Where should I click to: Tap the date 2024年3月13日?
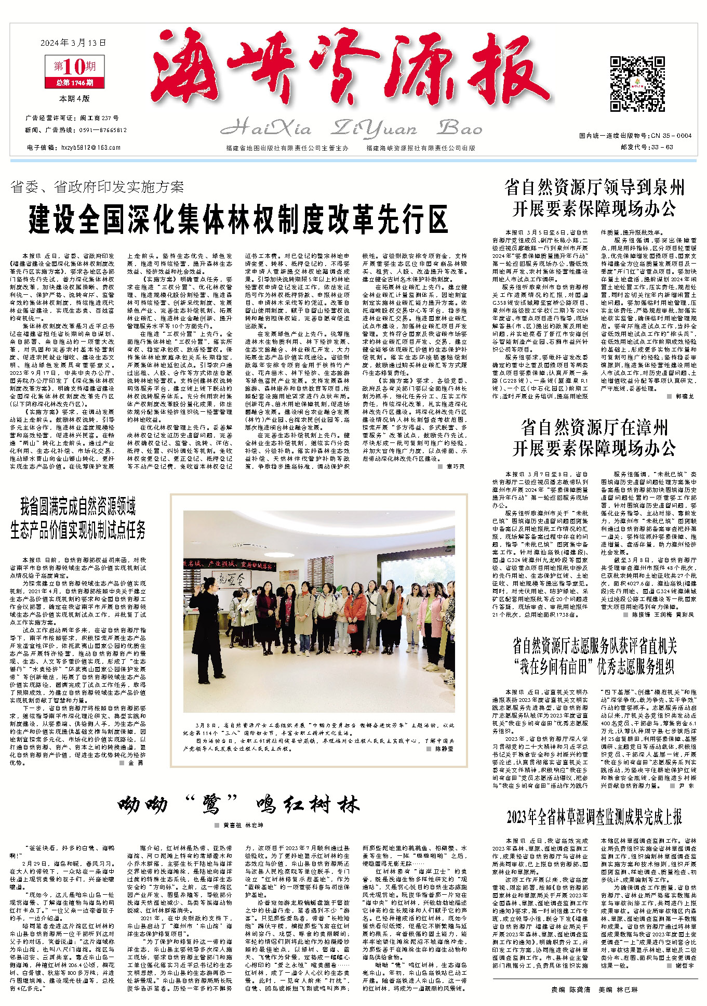(73, 43)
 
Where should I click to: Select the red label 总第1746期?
(75, 82)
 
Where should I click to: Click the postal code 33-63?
(662, 147)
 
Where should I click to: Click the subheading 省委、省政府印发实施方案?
(97, 187)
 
